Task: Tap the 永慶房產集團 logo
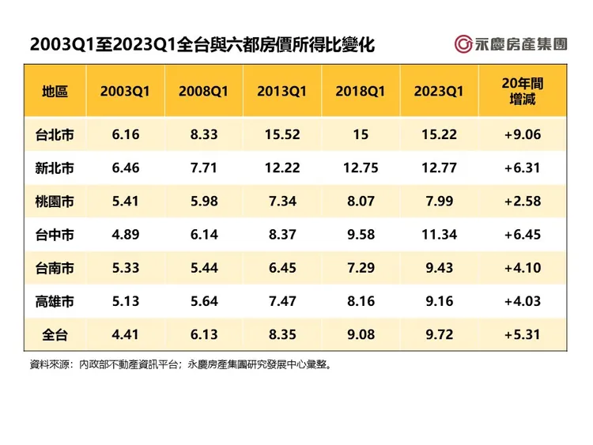point(510,44)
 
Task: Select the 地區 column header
point(55,91)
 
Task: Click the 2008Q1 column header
point(203,91)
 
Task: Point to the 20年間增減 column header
point(523,91)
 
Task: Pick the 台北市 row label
point(55,135)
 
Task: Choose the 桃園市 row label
point(55,202)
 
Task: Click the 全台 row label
point(55,334)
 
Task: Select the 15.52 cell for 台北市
point(281,135)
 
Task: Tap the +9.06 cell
point(523,135)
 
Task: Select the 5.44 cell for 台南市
point(203,268)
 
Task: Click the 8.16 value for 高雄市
point(361,301)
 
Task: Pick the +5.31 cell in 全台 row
point(523,334)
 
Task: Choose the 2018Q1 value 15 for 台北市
point(361,135)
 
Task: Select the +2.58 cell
point(523,202)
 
